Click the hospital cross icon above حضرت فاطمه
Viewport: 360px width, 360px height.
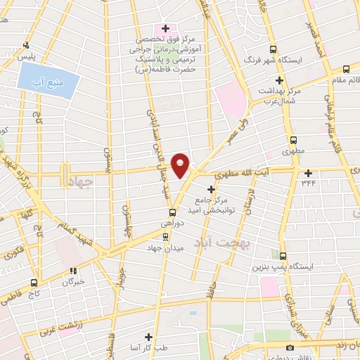point(165,29)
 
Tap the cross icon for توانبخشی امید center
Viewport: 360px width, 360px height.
point(212,188)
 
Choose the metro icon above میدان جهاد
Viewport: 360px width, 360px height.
point(166,237)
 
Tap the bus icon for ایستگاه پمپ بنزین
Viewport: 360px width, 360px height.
point(282,256)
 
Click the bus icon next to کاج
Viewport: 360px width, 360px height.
point(34,283)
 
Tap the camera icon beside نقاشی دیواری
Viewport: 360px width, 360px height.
point(289,348)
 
